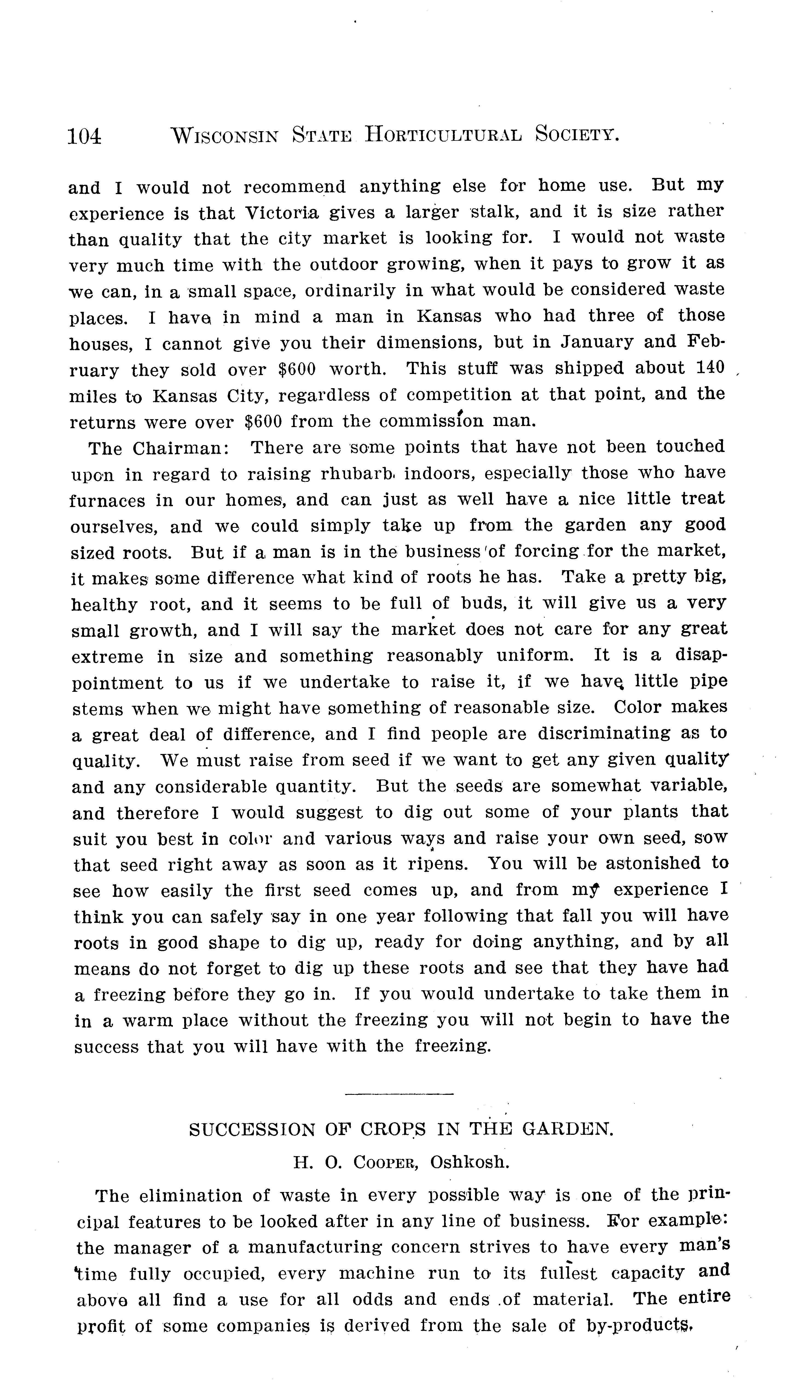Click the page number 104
[x=84, y=136]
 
